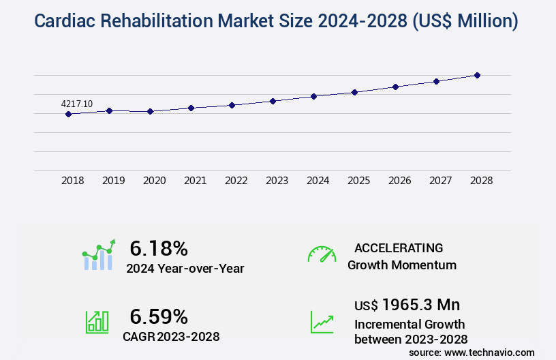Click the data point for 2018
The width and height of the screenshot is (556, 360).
pyautogui.click(x=68, y=114)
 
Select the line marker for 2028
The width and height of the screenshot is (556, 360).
pyautogui.click(x=477, y=75)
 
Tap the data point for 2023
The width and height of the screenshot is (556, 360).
pyautogui.click(x=273, y=101)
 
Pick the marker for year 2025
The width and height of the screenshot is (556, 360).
pyautogui.click(x=354, y=92)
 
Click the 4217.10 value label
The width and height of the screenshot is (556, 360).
pyautogui.click(x=77, y=104)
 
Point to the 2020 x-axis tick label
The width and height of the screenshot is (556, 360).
pyautogui.click(x=155, y=181)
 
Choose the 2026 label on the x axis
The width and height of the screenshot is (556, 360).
pyautogui.click(x=400, y=181)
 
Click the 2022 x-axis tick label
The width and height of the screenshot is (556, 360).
pyautogui.click(x=236, y=181)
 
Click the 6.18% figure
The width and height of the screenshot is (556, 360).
pyautogui.click(x=159, y=247)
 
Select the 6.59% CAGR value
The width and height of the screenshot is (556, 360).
pyautogui.click(x=159, y=316)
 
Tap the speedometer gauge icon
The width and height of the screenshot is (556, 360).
pyautogui.click(x=322, y=254)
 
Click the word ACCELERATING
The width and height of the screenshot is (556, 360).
pyautogui.click(x=399, y=248)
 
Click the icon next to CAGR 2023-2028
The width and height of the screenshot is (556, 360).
pyautogui.click(x=97, y=322)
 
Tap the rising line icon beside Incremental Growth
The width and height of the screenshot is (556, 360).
pyautogui.click(x=322, y=322)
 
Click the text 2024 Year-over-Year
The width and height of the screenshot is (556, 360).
pyautogui.click(x=185, y=269)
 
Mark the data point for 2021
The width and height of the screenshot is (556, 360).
pyautogui.click(x=191, y=108)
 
